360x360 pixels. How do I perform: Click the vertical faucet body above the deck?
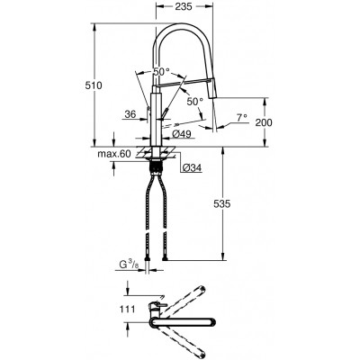[x=160, y=112]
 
